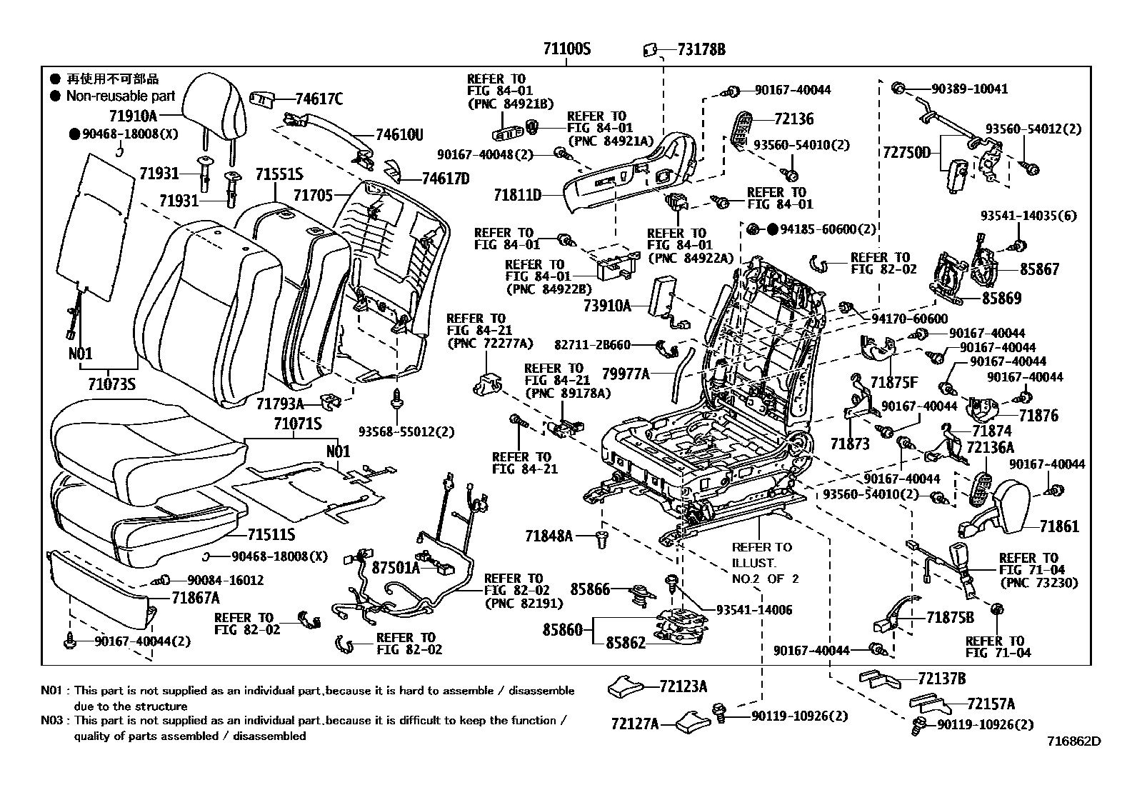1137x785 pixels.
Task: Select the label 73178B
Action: click(x=701, y=49)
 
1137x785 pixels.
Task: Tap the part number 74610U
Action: click(x=399, y=135)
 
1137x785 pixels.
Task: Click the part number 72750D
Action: click(x=906, y=152)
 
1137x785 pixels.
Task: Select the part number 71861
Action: click(x=1059, y=526)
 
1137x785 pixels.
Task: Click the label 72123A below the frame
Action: click(x=683, y=686)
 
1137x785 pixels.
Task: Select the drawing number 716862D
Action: click(x=1074, y=741)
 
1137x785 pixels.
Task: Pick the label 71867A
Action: click(x=195, y=598)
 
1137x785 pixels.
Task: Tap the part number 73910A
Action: click(x=607, y=306)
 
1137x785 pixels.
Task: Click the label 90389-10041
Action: click(x=969, y=89)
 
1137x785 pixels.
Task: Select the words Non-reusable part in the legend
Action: click(x=120, y=96)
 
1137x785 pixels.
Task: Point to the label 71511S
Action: click(x=271, y=534)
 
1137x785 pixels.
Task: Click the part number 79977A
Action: click(x=626, y=373)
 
